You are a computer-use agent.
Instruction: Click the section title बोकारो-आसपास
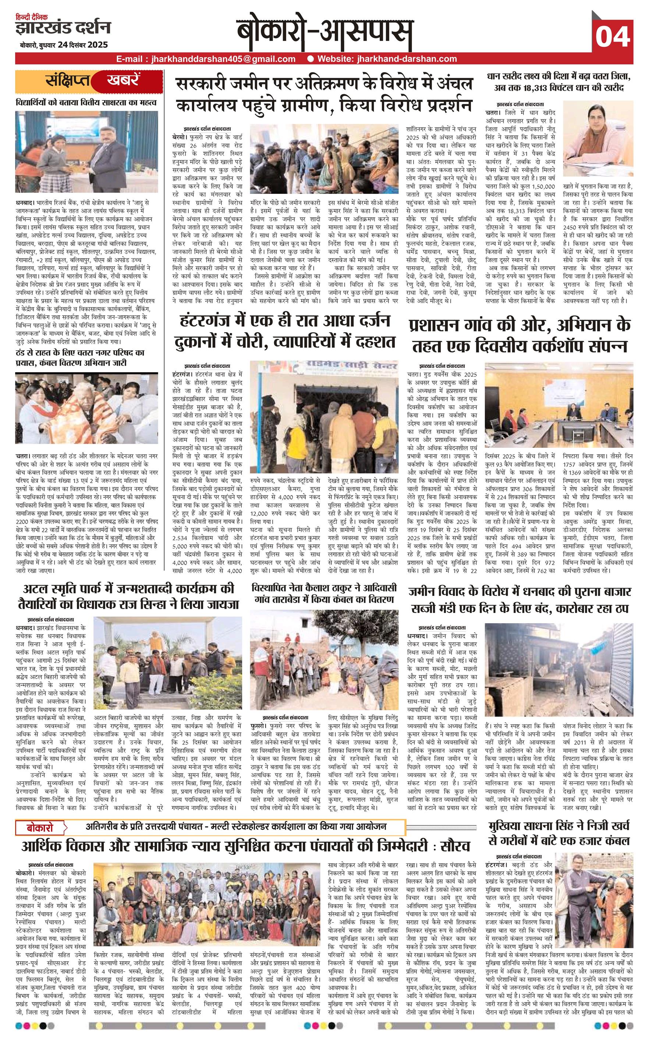click(x=324, y=34)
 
